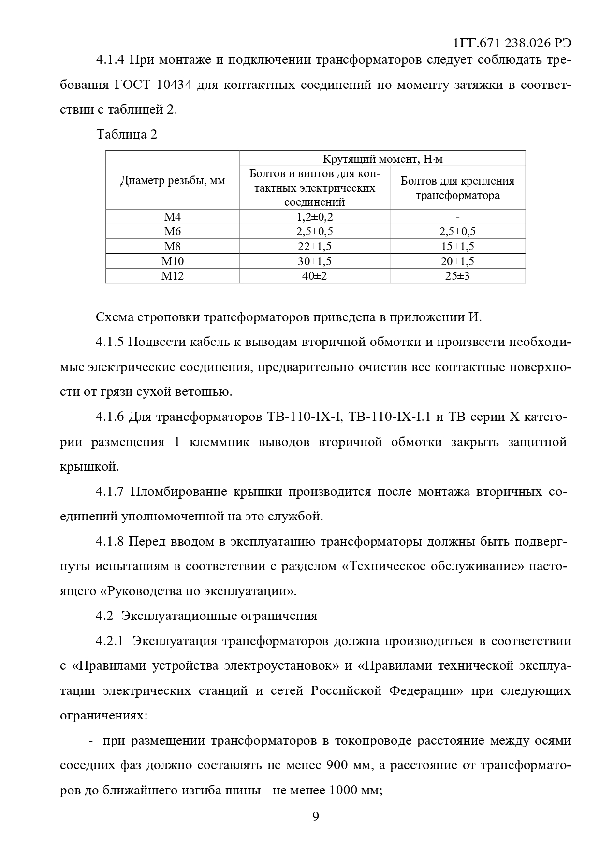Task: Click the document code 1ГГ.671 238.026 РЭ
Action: pos(512,43)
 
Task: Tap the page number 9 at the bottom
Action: pos(315,816)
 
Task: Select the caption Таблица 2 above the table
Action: pos(127,134)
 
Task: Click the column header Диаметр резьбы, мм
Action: pos(173,181)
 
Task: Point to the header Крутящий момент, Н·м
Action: pos(382,159)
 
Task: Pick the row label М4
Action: pos(173,217)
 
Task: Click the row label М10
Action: pos(173,261)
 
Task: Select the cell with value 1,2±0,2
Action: pos(314,217)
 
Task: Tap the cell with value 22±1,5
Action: pos(314,246)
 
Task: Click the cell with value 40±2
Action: pos(314,276)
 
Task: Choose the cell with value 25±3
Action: pos(457,276)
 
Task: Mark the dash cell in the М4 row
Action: pos(457,217)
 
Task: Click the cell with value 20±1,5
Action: pos(457,261)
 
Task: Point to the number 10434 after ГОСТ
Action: pos(175,85)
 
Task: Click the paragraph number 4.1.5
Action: pos(110,342)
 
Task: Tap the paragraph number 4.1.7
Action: pos(110,492)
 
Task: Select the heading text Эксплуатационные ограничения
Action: pos(219,616)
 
